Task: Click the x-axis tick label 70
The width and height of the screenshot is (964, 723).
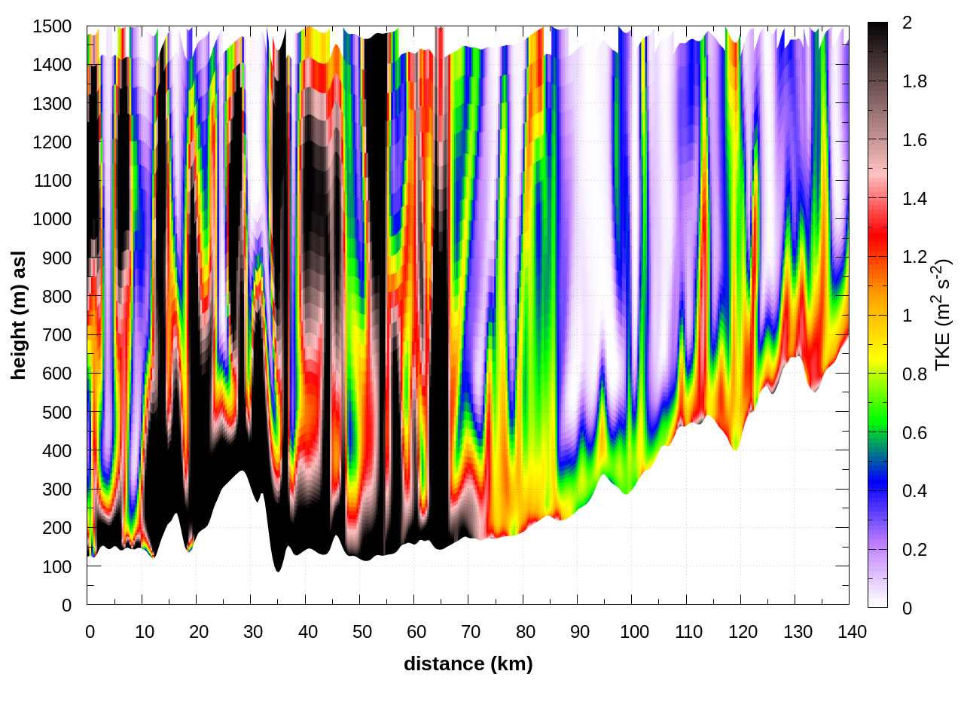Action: point(471,632)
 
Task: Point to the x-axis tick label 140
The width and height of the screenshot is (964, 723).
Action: point(852,632)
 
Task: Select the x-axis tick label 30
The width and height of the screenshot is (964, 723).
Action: point(253,632)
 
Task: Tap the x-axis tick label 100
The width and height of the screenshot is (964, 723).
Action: point(634,632)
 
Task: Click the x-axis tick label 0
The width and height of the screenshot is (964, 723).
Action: point(90,632)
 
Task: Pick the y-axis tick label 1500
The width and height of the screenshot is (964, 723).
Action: point(52,26)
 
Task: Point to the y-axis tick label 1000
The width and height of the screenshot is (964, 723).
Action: point(52,219)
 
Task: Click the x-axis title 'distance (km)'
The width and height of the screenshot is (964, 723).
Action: point(468,664)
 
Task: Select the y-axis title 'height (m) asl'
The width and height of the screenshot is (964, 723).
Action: point(19,315)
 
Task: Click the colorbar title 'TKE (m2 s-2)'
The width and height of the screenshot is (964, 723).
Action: point(943,315)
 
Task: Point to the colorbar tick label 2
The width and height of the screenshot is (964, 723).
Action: point(907,23)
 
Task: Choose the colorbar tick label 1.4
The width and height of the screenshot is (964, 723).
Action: point(914,199)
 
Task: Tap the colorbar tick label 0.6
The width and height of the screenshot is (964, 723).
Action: point(914,433)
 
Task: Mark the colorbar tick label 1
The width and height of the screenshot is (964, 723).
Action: point(907,316)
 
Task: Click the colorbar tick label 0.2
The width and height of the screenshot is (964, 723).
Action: point(914,550)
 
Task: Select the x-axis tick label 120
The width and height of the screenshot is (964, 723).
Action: point(743,632)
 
